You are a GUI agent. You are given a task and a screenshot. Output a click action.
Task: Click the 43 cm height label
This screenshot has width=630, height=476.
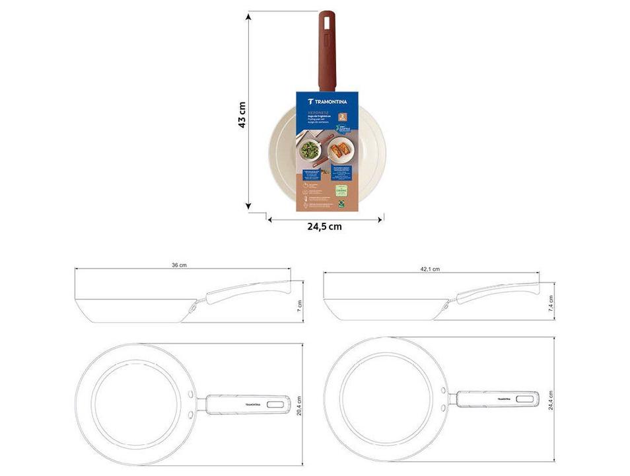tap(242, 115)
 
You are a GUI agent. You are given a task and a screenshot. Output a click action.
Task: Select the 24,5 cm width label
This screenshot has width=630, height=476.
tap(324, 226)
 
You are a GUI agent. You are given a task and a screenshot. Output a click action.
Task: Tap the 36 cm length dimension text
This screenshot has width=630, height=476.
tap(179, 265)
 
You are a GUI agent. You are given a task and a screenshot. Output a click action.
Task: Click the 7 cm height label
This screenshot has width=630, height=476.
tap(298, 305)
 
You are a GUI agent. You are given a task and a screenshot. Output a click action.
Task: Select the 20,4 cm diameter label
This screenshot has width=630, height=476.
tap(299, 405)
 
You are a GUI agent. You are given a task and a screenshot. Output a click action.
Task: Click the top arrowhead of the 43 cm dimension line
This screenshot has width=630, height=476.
tap(248, 15)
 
